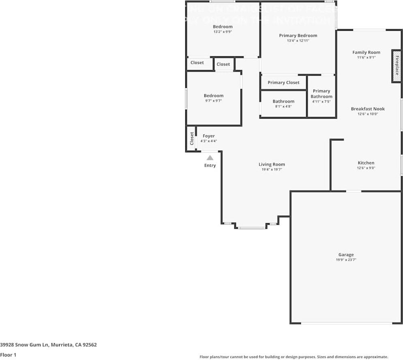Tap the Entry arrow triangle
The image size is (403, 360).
pyautogui.click(x=210, y=158)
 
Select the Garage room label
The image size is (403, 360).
pyautogui.click(x=346, y=255)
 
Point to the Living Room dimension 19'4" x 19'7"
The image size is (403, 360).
pyautogui.click(x=272, y=170)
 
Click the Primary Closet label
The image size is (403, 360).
pyautogui.click(x=283, y=83)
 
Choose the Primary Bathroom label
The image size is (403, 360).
pyautogui.click(x=322, y=94)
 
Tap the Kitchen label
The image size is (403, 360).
pyautogui.click(x=366, y=163)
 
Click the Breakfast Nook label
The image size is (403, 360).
pyautogui.click(x=368, y=109)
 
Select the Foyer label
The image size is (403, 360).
pyautogui.click(x=209, y=136)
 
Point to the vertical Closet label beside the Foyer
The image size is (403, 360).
pyautogui.click(x=192, y=138)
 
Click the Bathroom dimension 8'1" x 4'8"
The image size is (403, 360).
pyautogui.click(x=283, y=107)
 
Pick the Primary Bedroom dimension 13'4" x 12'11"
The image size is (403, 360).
pyautogui.click(x=298, y=40)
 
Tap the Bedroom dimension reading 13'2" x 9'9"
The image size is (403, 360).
pyautogui.click(x=223, y=32)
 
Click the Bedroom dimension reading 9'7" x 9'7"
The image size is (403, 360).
pyautogui.click(x=213, y=100)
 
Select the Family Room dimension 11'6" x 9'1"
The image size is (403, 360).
pyautogui.click(x=366, y=58)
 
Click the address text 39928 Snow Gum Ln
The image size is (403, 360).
pyautogui.click(x=25, y=345)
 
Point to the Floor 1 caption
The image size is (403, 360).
pyautogui.click(x=9, y=355)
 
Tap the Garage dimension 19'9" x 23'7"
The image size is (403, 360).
pyautogui.click(x=346, y=260)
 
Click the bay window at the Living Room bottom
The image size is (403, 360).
pyautogui.click(x=251, y=228)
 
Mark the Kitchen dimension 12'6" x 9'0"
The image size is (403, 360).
pyautogui.click(x=366, y=168)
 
